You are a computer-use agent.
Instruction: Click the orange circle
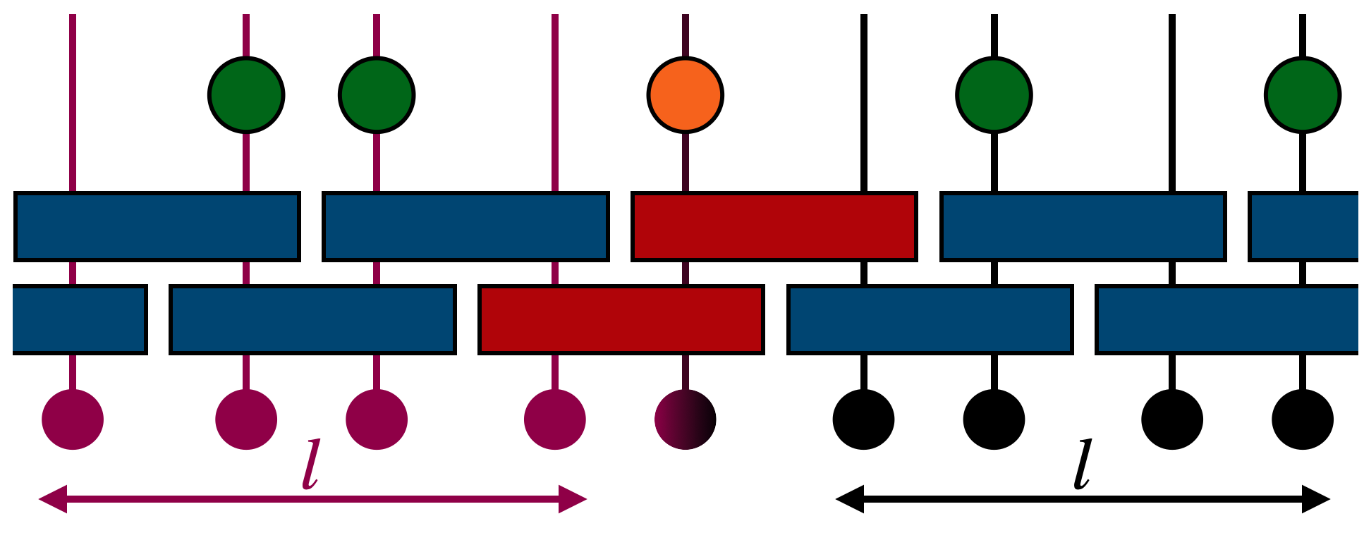pyautogui.click(x=685, y=95)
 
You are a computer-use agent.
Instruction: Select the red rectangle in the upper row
pyautogui.click(x=774, y=226)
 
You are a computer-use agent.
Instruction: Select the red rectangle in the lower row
pyautogui.click(x=621, y=319)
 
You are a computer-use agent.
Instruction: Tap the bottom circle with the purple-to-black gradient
pyautogui.click(x=685, y=419)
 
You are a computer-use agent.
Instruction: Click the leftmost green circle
pyautogui.click(x=246, y=95)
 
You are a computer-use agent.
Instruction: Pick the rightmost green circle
pyautogui.click(x=1302, y=95)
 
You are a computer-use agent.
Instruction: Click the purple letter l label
pyautogui.click(x=310, y=465)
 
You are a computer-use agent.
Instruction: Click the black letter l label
pyautogui.click(x=1082, y=465)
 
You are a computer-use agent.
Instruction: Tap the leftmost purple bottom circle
pyautogui.click(x=73, y=419)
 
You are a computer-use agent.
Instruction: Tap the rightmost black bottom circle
pyautogui.click(x=1302, y=419)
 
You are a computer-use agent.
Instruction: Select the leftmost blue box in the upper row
pyautogui.click(x=157, y=226)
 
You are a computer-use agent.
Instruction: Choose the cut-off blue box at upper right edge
pyautogui.click(x=1303, y=226)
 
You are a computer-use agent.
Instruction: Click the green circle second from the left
pyautogui.click(x=377, y=95)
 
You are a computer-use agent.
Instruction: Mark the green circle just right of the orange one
pyautogui.click(x=994, y=95)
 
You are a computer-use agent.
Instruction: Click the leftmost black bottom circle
pyautogui.click(x=863, y=419)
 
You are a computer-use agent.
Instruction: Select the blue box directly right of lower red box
pyautogui.click(x=930, y=319)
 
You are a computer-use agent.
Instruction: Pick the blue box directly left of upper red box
pyautogui.click(x=465, y=226)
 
